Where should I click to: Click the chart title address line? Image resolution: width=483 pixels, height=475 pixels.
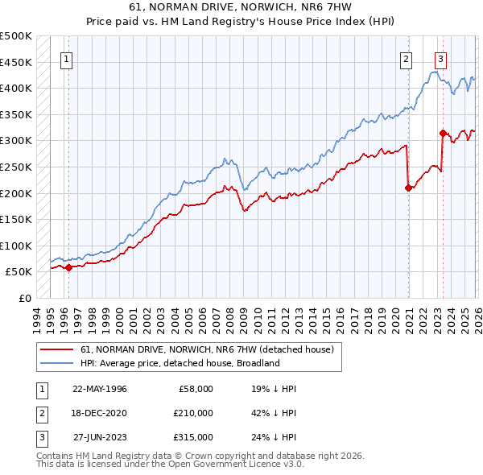pyautogui.click(x=242, y=7)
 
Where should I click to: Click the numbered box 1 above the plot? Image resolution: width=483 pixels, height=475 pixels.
pyautogui.click(x=65, y=58)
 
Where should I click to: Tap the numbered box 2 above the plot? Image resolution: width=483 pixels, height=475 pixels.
pyautogui.click(x=407, y=58)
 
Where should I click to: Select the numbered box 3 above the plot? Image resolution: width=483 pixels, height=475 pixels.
pyautogui.click(x=440, y=58)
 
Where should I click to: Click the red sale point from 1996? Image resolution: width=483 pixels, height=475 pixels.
pyautogui.click(x=68, y=268)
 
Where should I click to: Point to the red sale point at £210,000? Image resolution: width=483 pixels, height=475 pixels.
pyautogui.click(x=408, y=188)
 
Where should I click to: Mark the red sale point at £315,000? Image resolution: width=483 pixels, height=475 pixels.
pyautogui.click(x=443, y=133)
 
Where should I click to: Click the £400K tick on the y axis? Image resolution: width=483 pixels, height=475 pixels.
pyautogui.click(x=16, y=88)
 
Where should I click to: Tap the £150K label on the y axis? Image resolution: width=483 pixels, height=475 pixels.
pyautogui.click(x=16, y=219)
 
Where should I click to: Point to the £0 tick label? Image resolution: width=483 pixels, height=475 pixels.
pyautogui.click(x=24, y=298)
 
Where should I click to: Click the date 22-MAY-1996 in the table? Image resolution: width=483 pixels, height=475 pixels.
pyautogui.click(x=100, y=389)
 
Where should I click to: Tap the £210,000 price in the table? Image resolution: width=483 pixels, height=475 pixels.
pyautogui.click(x=192, y=413)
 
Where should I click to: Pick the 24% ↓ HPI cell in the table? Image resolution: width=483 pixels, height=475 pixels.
pyautogui.click(x=274, y=437)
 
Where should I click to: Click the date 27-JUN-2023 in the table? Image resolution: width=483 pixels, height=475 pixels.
pyautogui.click(x=100, y=437)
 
